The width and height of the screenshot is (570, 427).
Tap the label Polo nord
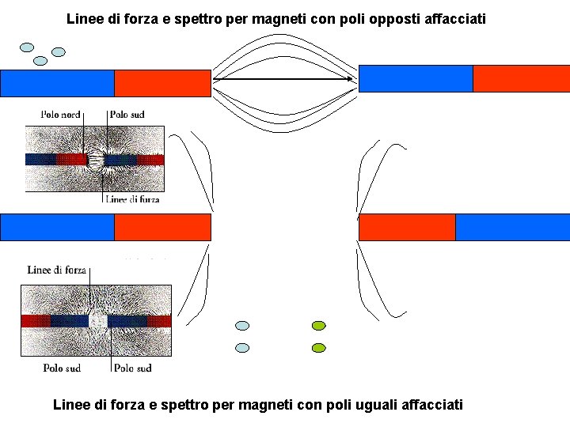(x=60, y=115)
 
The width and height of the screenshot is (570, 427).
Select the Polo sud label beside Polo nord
(x=127, y=115)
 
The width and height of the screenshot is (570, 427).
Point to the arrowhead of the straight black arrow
(x=351, y=79)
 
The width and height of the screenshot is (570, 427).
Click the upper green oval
(x=319, y=325)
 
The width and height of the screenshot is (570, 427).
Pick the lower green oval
(x=319, y=347)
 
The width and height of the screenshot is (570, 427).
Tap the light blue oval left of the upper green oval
(x=243, y=325)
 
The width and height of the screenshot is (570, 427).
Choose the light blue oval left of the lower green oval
(x=243, y=347)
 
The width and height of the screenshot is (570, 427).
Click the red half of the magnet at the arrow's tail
(x=162, y=83)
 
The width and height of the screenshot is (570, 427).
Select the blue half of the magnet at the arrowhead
(x=416, y=78)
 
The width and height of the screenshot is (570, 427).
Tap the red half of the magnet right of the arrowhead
(x=521, y=78)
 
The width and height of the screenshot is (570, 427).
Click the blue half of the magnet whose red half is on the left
(x=512, y=227)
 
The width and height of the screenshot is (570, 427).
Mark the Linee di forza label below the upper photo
(x=132, y=200)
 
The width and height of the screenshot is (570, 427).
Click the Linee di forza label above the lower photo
(x=56, y=270)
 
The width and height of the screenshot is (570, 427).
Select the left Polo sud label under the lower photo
(x=62, y=368)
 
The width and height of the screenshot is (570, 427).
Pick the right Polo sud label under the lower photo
(x=132, y=368)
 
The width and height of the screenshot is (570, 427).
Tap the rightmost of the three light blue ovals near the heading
(x=58, y=51)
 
